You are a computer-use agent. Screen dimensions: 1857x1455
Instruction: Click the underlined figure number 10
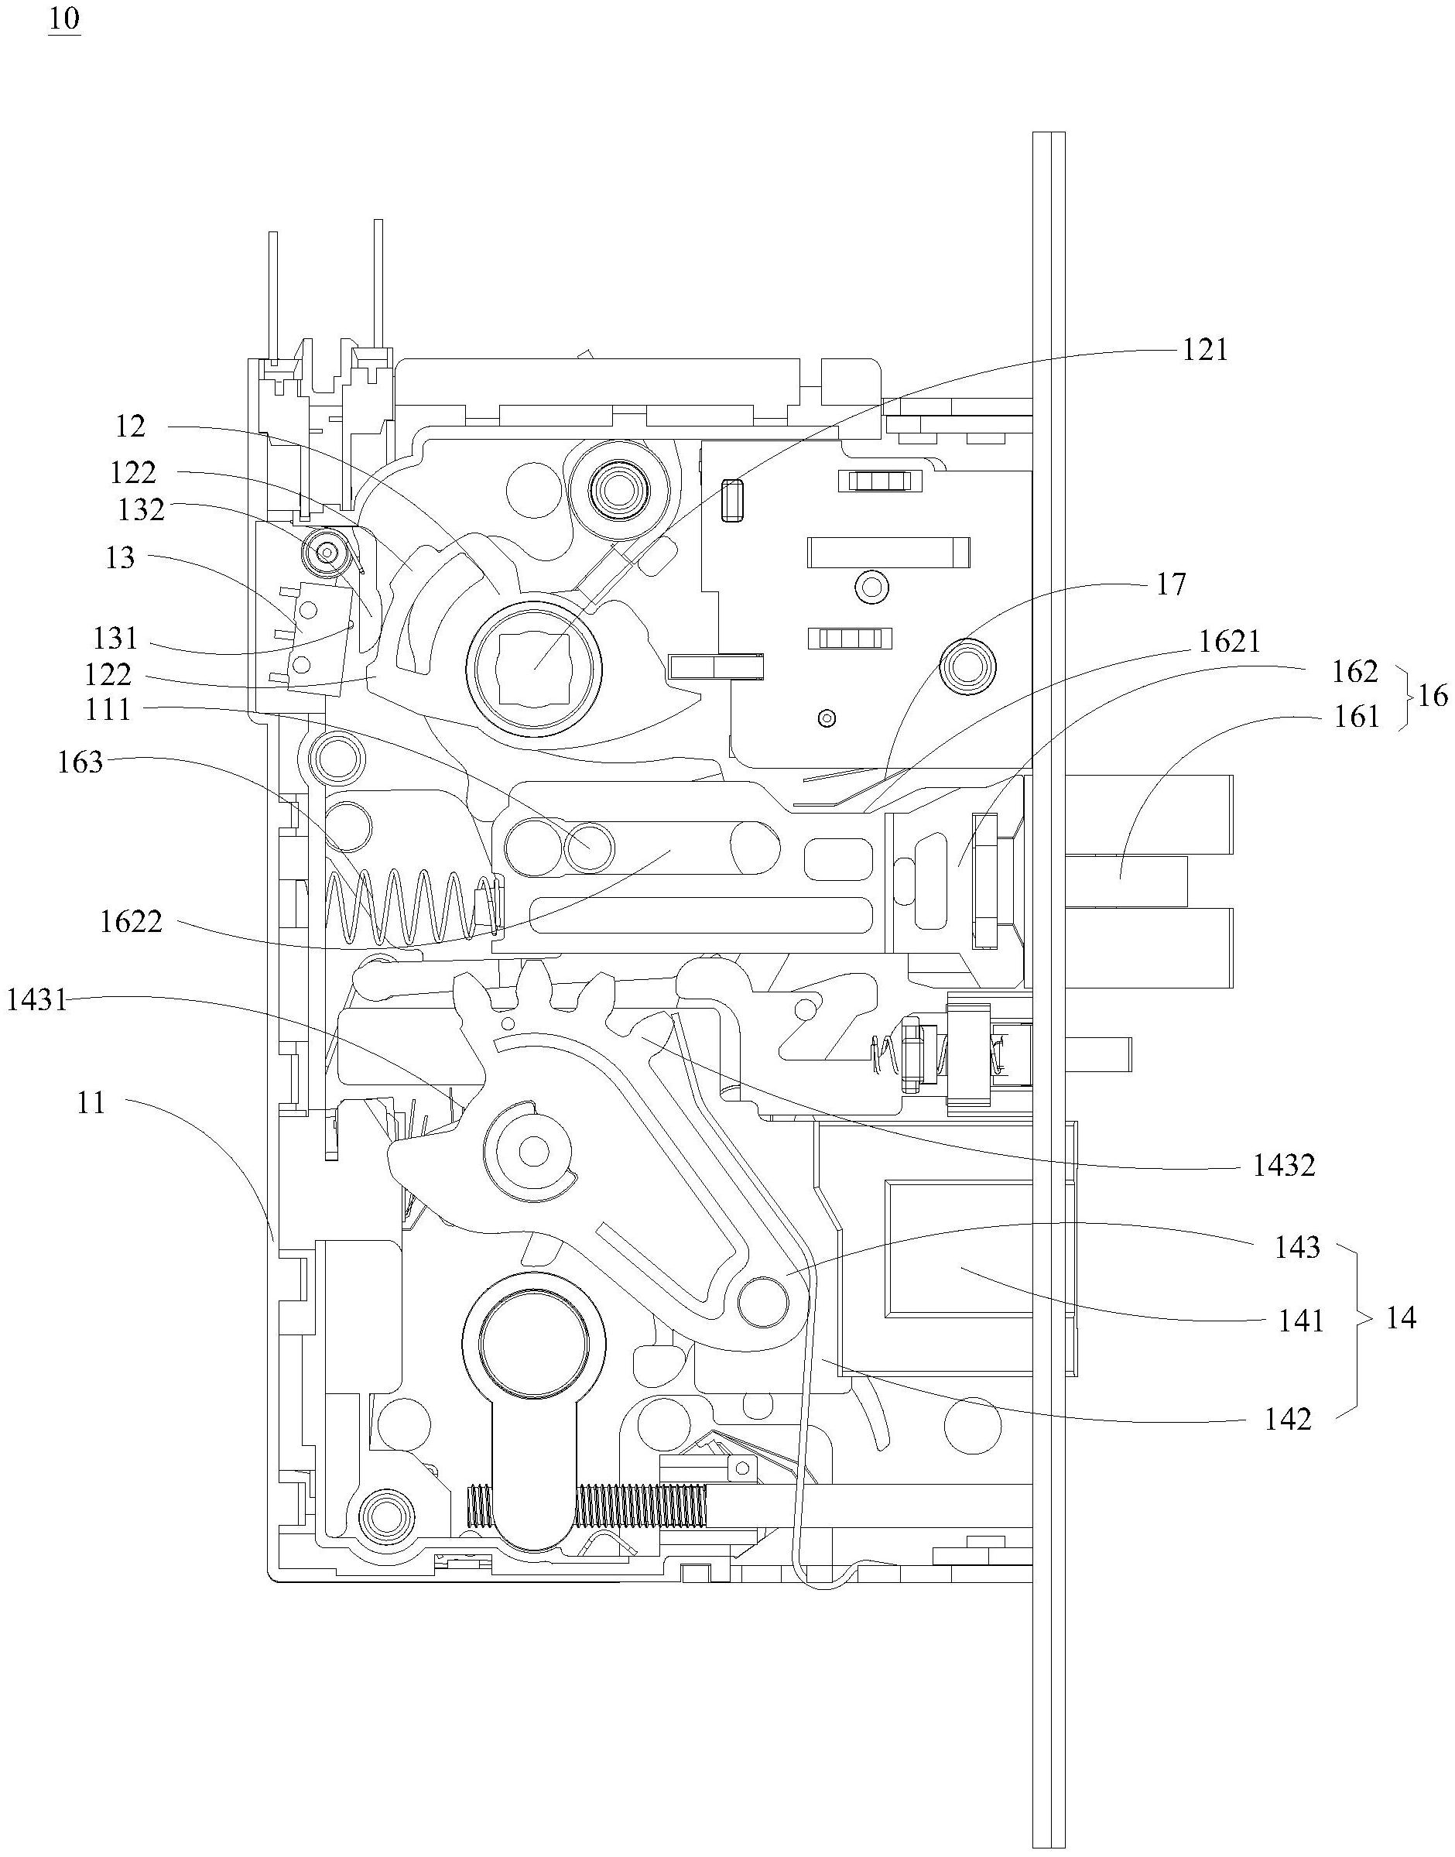click(x=64, y=20)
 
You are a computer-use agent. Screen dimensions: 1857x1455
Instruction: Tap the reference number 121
click(x=1204, y=349)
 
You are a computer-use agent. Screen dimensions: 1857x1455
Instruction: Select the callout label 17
click(x=1171, y=584)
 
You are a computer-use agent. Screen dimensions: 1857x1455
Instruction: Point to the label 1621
click(x=1228, y=641)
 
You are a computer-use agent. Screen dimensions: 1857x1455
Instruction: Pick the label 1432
click(x=1284, y=1164)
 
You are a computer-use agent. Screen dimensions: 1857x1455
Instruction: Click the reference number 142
click(x=1288, y=1419)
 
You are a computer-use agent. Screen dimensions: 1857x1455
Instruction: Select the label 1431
click(x=36, y=999)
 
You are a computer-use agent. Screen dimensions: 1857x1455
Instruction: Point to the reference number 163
click(x=80, y=762)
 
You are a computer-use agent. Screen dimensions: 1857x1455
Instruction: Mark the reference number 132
click(x=141, y=509)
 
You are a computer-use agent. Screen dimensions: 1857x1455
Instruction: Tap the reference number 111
click(x=108, y=709)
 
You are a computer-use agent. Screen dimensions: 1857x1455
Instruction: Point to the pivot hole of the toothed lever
click(x=534, y=1153)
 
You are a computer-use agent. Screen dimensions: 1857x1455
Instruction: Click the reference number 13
click(x=119, y=557)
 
